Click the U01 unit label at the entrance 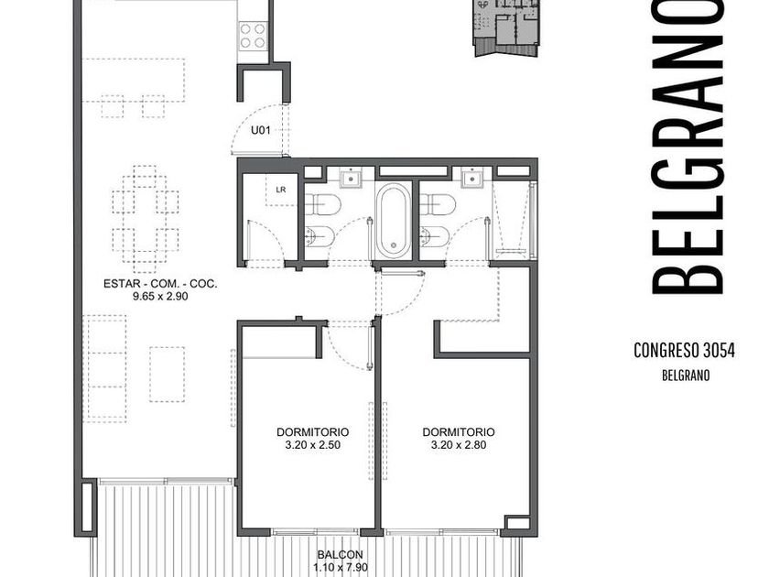[x=260, y=130]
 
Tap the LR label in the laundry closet [x=280, y=190]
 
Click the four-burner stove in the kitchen [x=253, y=36]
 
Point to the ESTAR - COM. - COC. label [x=160, y=284]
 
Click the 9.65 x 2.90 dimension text [x=160, y=296]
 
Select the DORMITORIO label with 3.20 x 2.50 [x=312, y=432]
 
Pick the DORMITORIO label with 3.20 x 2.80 [x=459, y=432]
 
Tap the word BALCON [x=340, y=555]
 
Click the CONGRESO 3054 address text [x=684, y=351]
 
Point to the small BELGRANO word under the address [x=686, y=376]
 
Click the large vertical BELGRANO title [x=688, y=147]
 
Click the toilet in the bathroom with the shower [x=438, y=204]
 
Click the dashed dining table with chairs [x=146, y=219]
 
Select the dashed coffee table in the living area [x=168, y=375]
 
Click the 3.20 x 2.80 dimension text [x=459, y=445]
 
